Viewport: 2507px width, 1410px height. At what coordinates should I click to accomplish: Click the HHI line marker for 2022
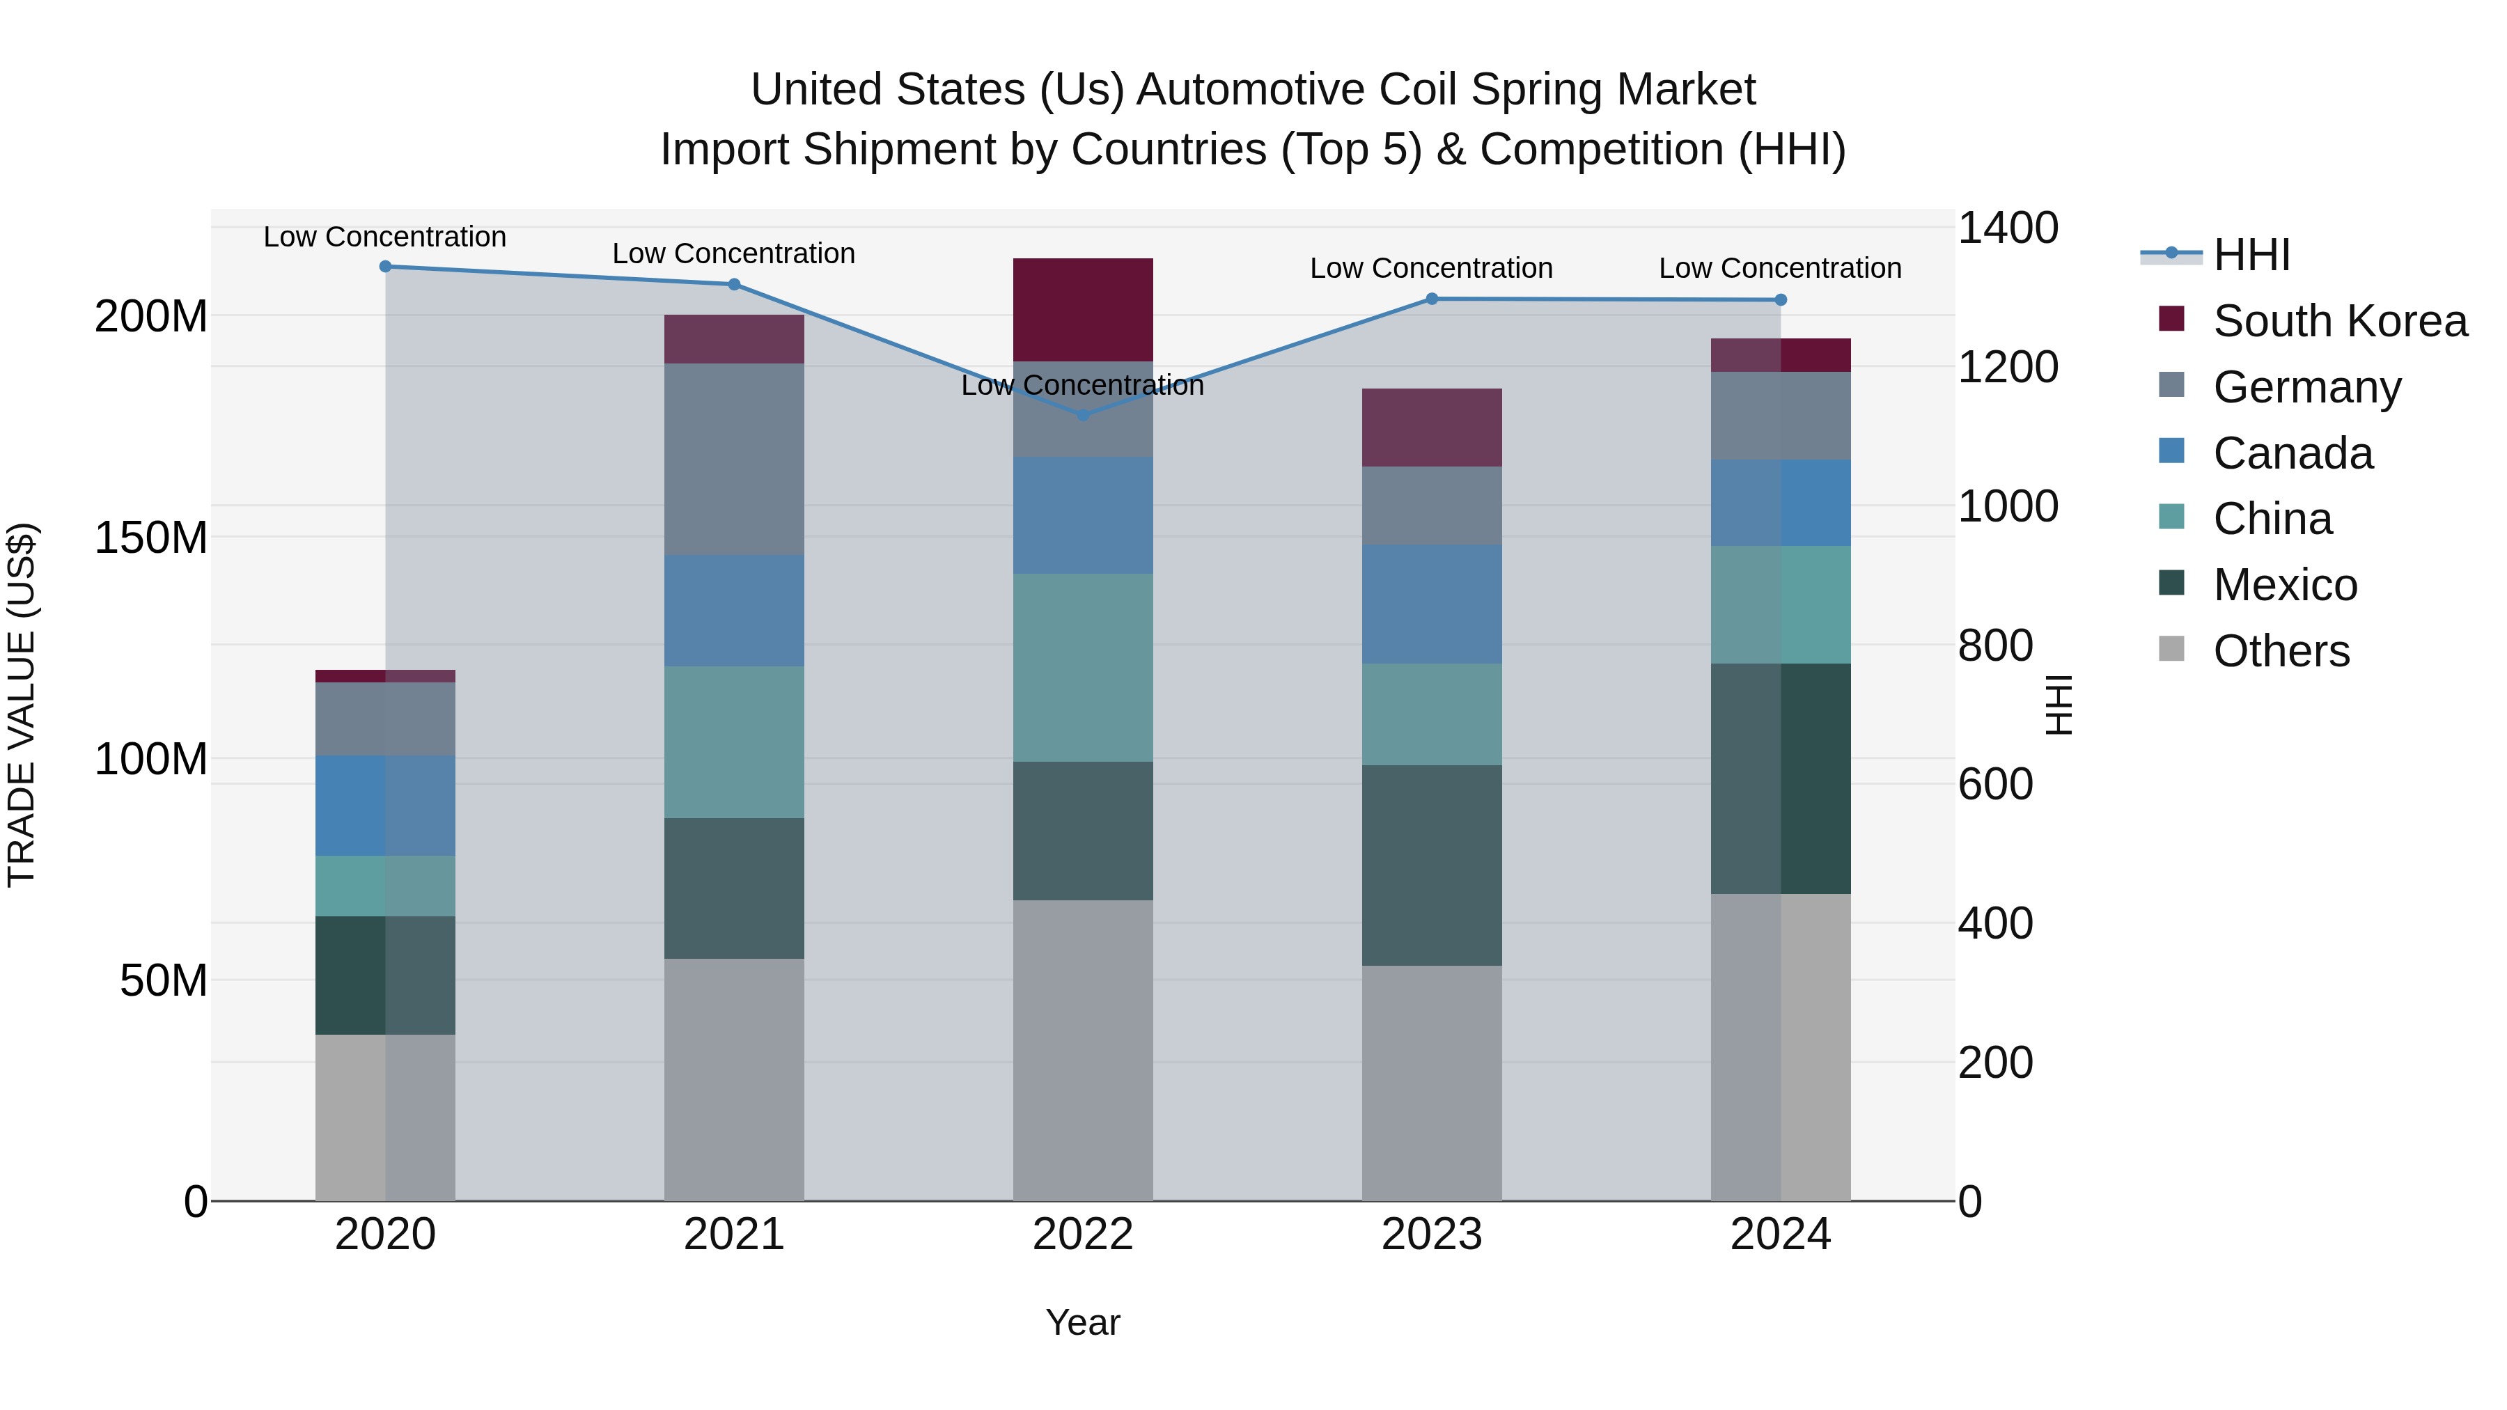(x=1083, y=414)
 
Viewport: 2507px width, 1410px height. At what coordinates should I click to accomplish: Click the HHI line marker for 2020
(x=385, y=267)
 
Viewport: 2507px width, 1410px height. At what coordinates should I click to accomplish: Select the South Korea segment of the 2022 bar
(x=1083, y=309)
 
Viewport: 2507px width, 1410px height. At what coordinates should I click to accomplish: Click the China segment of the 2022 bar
(x=1083, y=668)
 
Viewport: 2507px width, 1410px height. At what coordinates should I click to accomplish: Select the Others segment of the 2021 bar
(x=734, y=1079)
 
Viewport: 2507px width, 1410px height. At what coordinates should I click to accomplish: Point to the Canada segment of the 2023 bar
(x=1432, y=604)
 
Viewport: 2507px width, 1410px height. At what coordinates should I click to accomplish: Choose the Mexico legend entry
(x=2284, y=585)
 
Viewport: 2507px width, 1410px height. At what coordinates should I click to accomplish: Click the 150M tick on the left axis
(x=151, y=537)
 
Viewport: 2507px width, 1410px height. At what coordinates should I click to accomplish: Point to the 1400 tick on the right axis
(x=2007, y=228)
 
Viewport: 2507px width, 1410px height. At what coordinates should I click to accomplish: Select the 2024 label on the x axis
(x=1780, y=1235)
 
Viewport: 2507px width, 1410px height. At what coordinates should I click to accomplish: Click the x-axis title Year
(x=1083, y=1322)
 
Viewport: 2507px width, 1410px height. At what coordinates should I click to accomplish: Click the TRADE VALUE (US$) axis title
(x=22, y=705)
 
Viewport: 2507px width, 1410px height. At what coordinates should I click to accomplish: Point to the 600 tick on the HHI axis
(x=1995, y=784)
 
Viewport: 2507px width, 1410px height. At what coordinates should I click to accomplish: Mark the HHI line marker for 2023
(x=1432, y=299)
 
